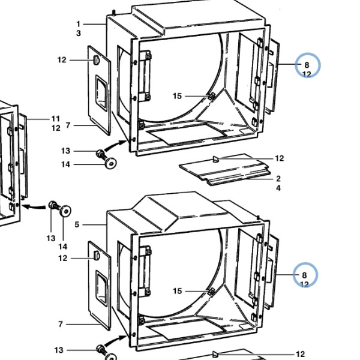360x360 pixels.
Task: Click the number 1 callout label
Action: click(x=79, y=24)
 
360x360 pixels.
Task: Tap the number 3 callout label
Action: click(x=79, y=33)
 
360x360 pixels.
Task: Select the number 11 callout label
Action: click(x=56, y=119)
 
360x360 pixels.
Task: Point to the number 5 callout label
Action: click(x=77, y=224)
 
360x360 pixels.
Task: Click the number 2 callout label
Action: click(x=278, y=178)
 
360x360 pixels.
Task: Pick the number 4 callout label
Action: click(x=278, y=188)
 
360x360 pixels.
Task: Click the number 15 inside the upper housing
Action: click(x=177, y=96)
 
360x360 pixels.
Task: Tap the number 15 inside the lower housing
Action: click(x=177, y=291)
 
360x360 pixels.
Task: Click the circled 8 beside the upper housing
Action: click(x=307, y=65)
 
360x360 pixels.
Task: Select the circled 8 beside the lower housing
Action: click(x=304, y=275)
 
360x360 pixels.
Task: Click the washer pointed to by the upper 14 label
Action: click(x=110, y=163)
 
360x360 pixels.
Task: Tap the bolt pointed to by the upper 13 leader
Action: click(x=101, y=154)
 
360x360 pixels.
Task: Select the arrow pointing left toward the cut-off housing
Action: click(x=34, y=207)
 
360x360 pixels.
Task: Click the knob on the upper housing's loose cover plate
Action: click(x=96, y=61)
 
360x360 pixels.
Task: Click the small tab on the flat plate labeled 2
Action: click(x=216, y=159)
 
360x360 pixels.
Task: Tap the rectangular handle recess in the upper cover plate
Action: click(x=101, y=93)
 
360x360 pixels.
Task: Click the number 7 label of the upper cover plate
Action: click(x=68, y=125)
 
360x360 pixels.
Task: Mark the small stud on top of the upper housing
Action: click(x=113, y=12)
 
